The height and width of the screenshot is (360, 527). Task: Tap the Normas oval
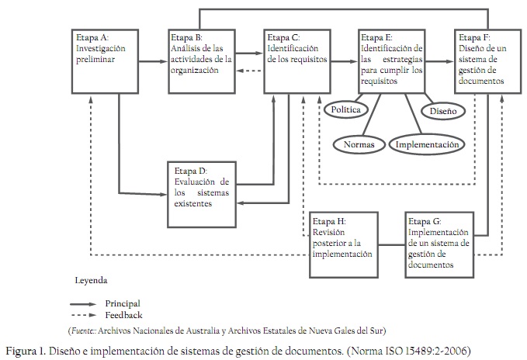coord(358,144)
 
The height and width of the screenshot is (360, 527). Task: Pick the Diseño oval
coord(443,111)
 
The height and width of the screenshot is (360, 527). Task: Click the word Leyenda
coord(90,279)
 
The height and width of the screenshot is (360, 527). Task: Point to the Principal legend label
coord(123,303)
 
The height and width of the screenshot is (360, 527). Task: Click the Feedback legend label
coord(123,314)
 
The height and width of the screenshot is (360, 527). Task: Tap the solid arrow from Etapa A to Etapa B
coord(154,53)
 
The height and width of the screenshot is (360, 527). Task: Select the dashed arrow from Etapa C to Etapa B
coord(249,70)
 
